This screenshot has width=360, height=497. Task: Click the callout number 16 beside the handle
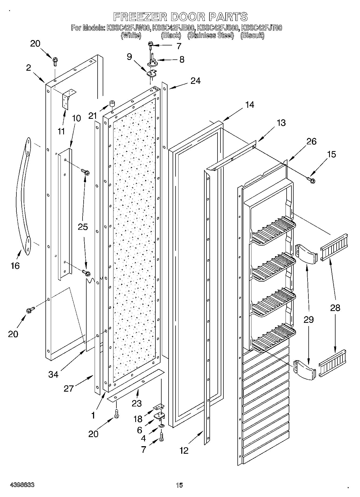[x=15, y=266]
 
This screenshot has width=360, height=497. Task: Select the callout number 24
[x=195, y=80]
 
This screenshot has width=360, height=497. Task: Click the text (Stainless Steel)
[x=211, y=35]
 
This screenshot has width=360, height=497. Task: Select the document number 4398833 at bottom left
[x=22, y=485]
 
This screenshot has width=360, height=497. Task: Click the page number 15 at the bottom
[x=179, y=485]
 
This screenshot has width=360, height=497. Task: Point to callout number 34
[x=53, y=374]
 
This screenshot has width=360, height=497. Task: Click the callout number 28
[x=335, y=308]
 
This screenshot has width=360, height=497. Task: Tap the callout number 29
[x=309, y=319]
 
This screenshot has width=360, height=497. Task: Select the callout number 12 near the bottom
[x=184, y=450]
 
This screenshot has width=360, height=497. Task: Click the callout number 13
[x=281, y=123]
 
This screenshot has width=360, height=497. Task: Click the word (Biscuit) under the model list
[x=252, y=35]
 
